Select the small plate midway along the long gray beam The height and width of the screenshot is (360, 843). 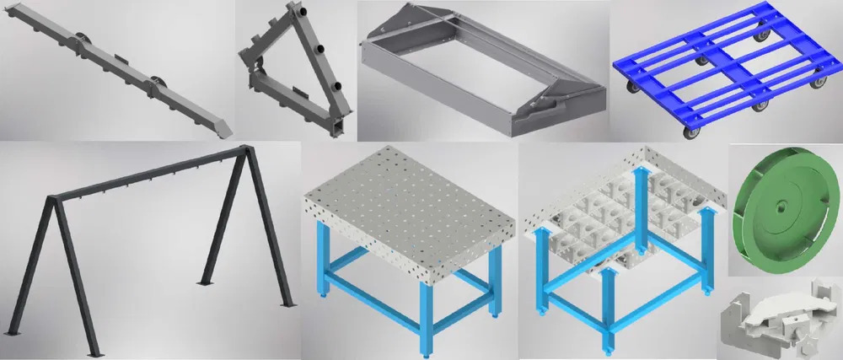[x=119, y=58]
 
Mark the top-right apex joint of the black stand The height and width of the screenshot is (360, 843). [x=246, y=152]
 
